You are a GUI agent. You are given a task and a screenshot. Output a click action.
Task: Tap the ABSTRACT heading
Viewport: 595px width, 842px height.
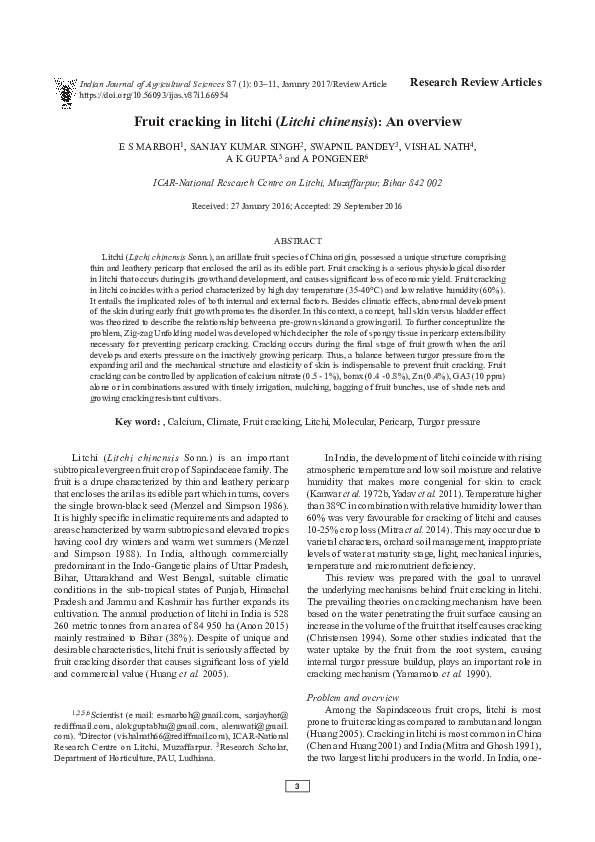coord(298,241)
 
